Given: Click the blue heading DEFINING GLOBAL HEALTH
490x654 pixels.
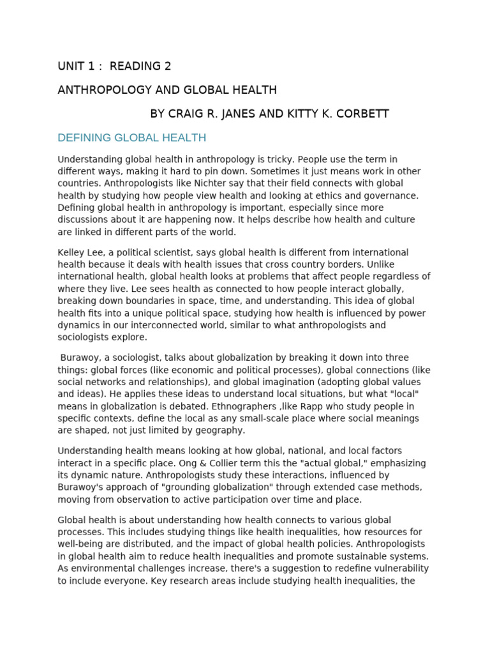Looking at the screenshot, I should coord(131,138).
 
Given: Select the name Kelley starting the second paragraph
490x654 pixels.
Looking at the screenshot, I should coord(71,252).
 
